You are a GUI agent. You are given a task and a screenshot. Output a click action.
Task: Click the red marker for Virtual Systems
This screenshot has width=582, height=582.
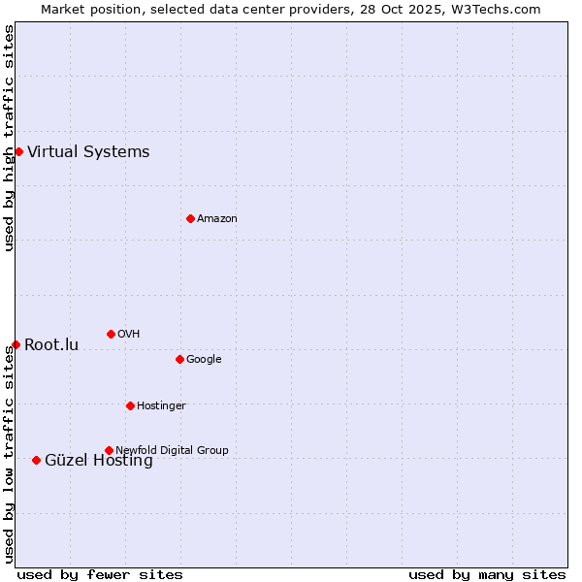[18, 151]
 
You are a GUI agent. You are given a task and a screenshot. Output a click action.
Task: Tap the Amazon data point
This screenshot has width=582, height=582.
[190, 218]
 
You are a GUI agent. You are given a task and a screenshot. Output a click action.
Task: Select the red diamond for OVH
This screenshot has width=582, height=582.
[111, 334]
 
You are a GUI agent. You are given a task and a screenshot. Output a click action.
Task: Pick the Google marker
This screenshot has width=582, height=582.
[179, 359]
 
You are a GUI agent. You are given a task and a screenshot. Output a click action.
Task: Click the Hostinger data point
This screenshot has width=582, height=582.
[130, 405]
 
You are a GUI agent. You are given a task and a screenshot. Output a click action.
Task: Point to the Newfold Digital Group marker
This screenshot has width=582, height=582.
[109, 450]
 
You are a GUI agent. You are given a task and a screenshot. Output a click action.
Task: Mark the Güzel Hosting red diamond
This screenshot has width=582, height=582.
[36, 460]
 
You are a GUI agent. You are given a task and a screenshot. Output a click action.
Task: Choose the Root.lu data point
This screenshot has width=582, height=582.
[16, 344]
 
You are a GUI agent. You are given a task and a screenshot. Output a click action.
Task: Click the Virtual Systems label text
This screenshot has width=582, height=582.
[88, 151]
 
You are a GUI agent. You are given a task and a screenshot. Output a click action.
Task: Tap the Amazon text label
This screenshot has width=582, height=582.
[217, 218]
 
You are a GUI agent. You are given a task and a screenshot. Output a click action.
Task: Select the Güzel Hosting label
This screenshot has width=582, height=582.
[99, 461]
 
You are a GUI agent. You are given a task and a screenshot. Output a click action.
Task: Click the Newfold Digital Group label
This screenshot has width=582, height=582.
[172, 450]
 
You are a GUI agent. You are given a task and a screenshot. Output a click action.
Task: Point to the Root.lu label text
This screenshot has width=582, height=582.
[51, 344]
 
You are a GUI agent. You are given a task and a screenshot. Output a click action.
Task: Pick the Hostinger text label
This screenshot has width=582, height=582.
[161, 405]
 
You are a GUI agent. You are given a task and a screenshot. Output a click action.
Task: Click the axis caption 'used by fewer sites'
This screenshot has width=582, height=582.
[100, 574]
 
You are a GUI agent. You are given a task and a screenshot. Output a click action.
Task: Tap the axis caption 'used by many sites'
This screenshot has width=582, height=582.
[487, 574]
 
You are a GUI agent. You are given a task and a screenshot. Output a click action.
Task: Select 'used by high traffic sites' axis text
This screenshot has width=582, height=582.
[10, 138]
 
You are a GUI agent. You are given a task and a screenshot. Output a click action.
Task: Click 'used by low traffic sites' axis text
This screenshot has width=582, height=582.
[10, 454]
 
